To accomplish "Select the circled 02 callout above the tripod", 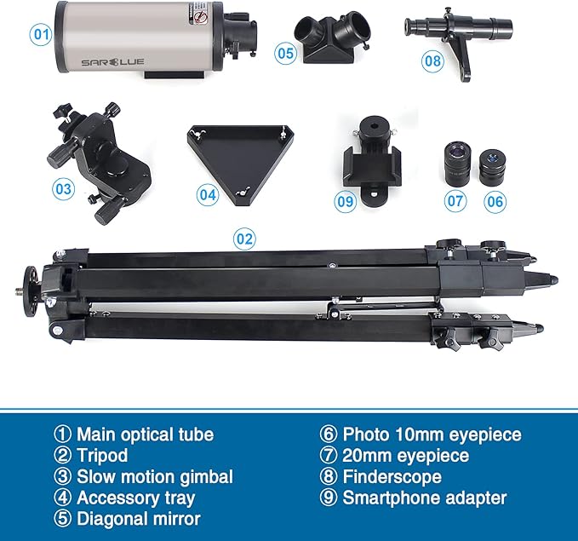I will [244, 238].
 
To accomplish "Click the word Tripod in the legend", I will [101, 456].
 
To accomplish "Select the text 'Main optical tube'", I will [146, 435].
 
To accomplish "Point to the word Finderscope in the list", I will [392, 476].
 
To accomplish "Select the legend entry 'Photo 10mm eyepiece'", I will [432, 435].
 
